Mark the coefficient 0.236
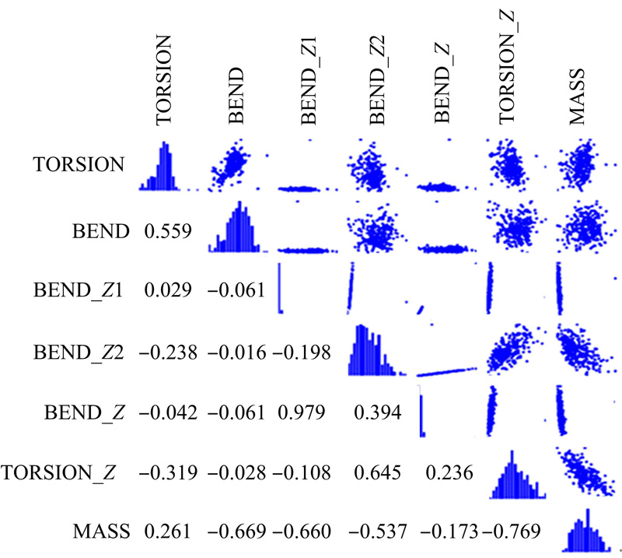445,472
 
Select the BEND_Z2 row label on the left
79,353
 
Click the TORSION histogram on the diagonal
166,167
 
